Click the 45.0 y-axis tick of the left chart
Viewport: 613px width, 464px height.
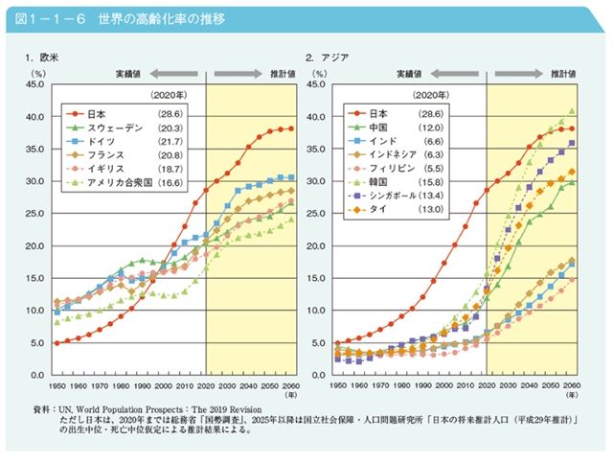(34, 84)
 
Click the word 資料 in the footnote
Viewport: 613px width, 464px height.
(41, 408)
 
